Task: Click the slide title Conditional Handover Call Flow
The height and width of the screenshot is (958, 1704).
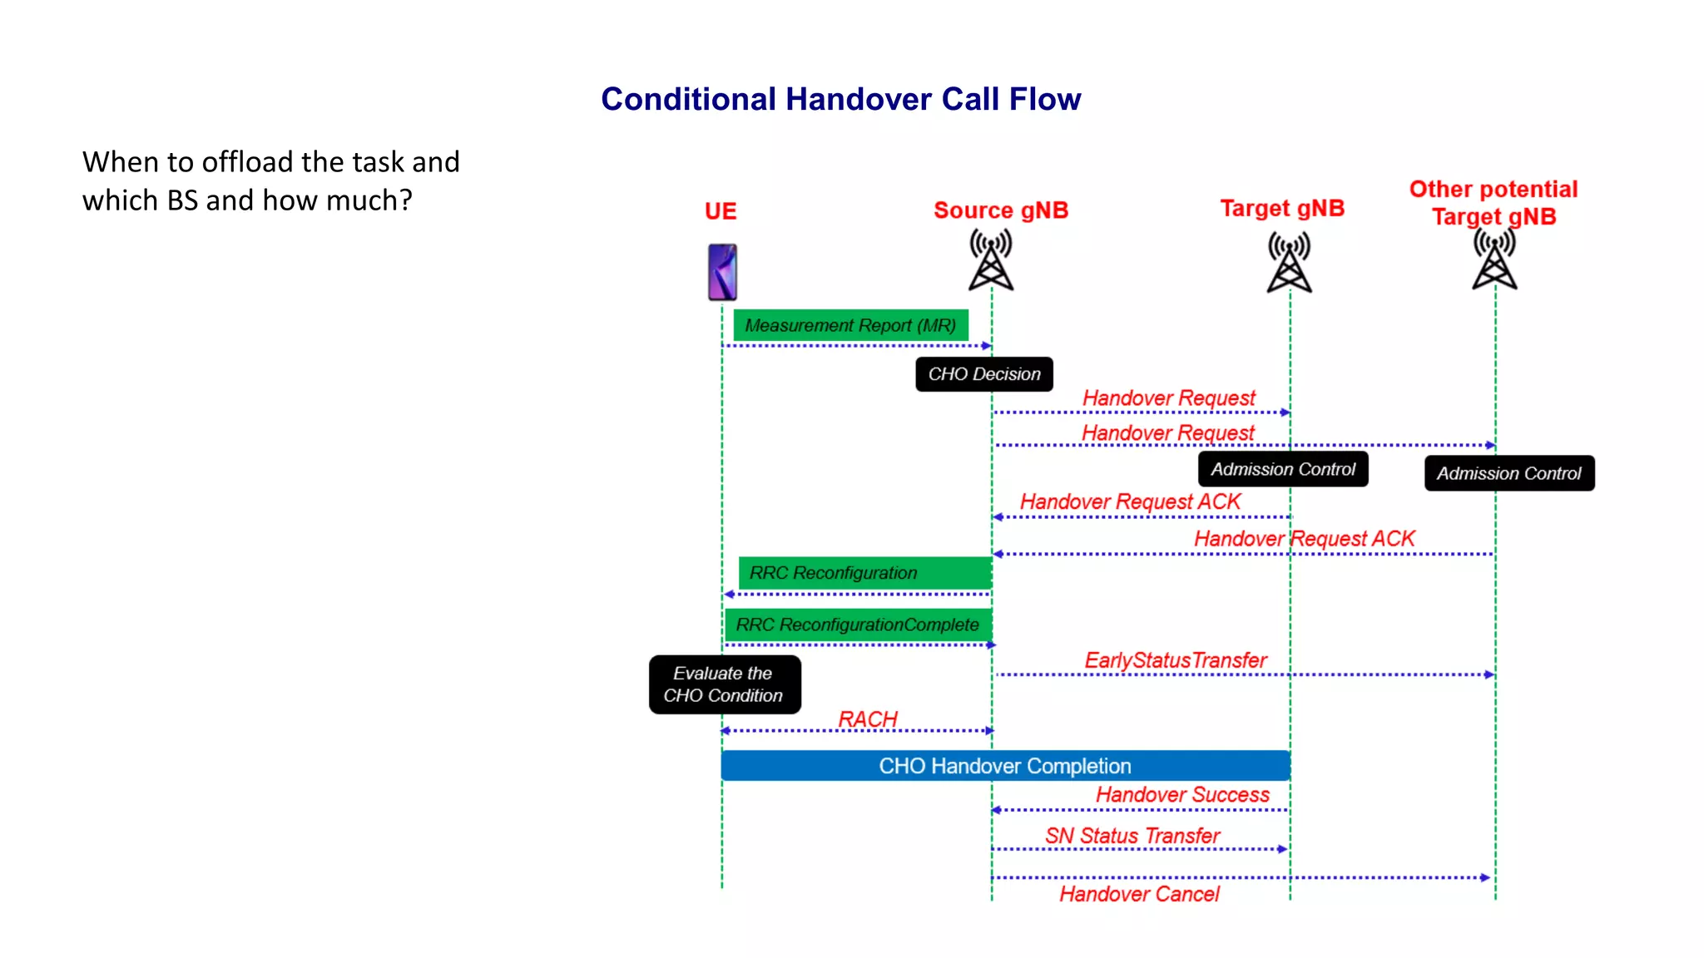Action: pyautogui.click(x=840, y=99)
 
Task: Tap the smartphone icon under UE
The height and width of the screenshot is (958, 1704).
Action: pyautogui.click(x=722, y=272)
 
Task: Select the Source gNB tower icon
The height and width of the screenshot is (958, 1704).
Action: pyautogui.click(x=991, y=261)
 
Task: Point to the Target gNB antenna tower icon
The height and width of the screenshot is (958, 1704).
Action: pyautogui.click(x=1289, y=263)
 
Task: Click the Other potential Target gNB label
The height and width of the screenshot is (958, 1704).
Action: pyautogui.click(x=1493, y=202)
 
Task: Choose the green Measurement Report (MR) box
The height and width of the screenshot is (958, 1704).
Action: pyautogui.click(x=850, y=325)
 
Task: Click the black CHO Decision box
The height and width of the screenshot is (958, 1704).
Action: pyautogui.click(x=984, y=374)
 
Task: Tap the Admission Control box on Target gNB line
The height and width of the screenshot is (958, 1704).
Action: pyautogui.click(x=1283, y=469)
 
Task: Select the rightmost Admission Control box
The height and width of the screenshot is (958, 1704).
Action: pyautogui.click(x=1509, y=473)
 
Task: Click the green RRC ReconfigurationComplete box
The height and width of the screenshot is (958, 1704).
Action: pyautogui.click(x=857, y=625)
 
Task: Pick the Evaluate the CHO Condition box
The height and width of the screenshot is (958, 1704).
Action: pyautogui.click(x=725, y=684)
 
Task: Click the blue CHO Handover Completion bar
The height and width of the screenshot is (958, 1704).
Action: pyautogui.click(x=1005, y=766)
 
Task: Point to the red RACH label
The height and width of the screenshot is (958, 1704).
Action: pyautogui.click(x=868, y=718)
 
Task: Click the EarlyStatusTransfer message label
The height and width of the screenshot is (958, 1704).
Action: pyautogui.click(x=1176, y=660)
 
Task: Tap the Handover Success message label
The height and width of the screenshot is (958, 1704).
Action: pyautogui.click(x=1182, y=795)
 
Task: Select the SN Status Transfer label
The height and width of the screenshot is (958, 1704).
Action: pyautogui.click(x=1132, y=836)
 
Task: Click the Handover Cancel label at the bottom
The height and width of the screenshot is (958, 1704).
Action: pyautogui.click(x=1139, y=894)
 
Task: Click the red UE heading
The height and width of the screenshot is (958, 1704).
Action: pyautogui.click(x=721, y=211)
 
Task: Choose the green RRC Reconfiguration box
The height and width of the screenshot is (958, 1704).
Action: pyautogui.click(x=864, y=573)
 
